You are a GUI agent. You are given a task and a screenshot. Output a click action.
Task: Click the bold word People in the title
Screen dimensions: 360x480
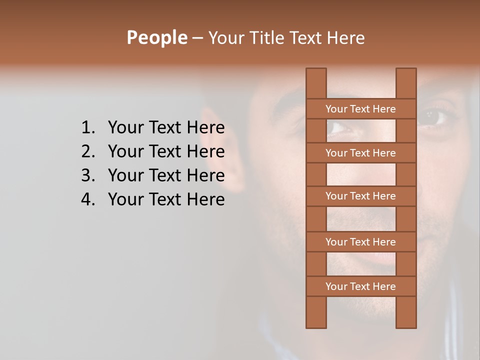(x=156, y=37)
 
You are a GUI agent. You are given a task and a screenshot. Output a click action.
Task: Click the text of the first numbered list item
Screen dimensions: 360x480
(x=166, y=128)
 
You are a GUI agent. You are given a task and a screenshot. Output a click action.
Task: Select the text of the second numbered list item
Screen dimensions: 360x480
(x=166, y=151)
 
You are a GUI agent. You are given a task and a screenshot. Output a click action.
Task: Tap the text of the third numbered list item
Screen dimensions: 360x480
(x=166, y=175)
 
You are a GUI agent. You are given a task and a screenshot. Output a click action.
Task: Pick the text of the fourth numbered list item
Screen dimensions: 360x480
(x=166, y=199)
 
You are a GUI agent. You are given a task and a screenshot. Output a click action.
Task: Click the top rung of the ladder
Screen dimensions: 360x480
(x=360, y=108)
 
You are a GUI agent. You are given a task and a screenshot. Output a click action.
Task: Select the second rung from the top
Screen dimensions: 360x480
(x=360, y=153)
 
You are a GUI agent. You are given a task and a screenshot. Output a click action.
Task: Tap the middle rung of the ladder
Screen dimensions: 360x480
(x=360, y=196)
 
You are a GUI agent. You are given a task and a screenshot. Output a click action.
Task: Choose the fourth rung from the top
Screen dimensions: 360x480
(x=360, y=242)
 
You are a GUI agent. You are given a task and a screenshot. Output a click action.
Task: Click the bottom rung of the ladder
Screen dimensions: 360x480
(x=360, y=286)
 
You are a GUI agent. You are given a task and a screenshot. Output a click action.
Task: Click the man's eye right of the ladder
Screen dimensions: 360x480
(x=433, y=117)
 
